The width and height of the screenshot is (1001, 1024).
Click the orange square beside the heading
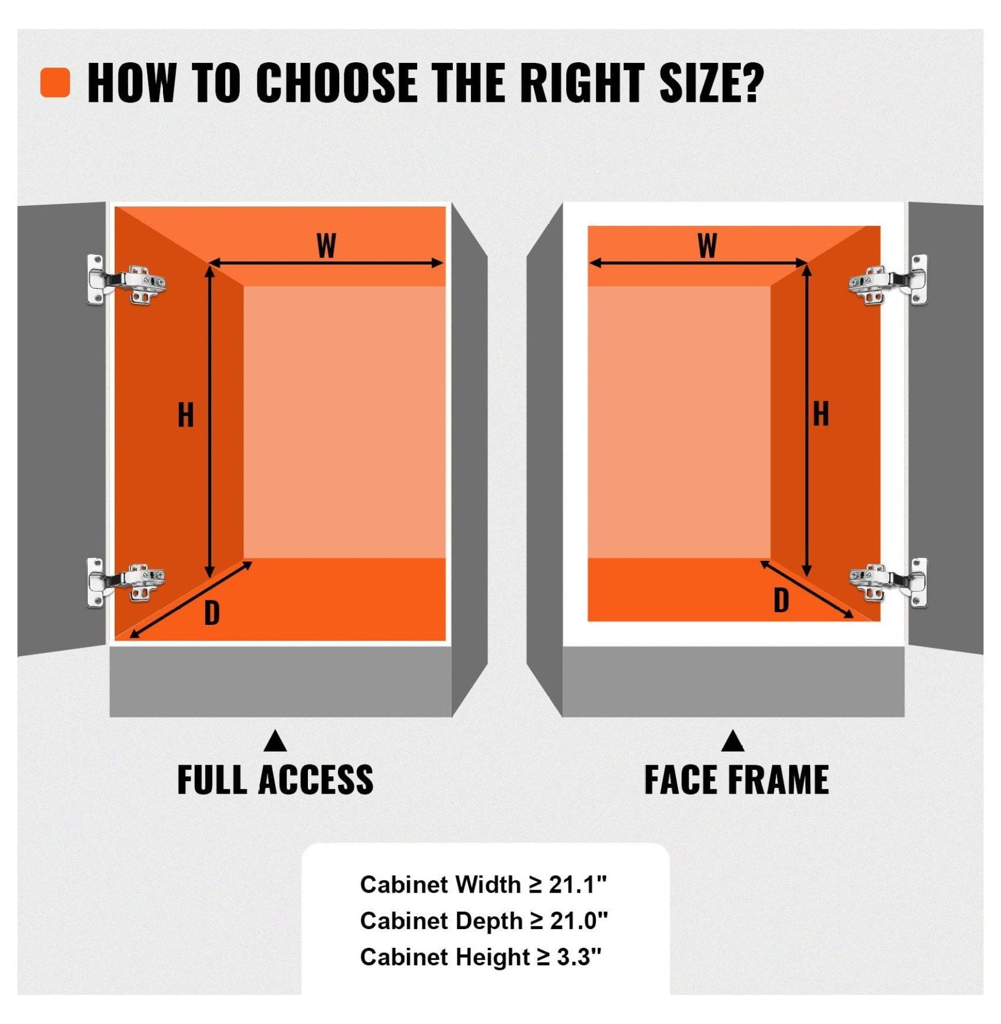point(55,82)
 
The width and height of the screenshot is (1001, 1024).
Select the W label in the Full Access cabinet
point(326,246)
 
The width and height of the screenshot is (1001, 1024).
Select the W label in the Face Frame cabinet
point(707,246)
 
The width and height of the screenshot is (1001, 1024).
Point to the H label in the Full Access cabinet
point(186,415)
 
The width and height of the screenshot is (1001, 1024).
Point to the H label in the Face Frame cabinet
point(821,414)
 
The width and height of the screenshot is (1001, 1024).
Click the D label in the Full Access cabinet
point(212,613)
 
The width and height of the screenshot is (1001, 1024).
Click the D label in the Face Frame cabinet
point(781,600)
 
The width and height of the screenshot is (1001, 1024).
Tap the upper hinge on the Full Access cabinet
point(126,280)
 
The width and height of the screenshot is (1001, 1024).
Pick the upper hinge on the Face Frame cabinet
point(888,280)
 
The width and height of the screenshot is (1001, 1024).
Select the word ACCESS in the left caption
point(315,780)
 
